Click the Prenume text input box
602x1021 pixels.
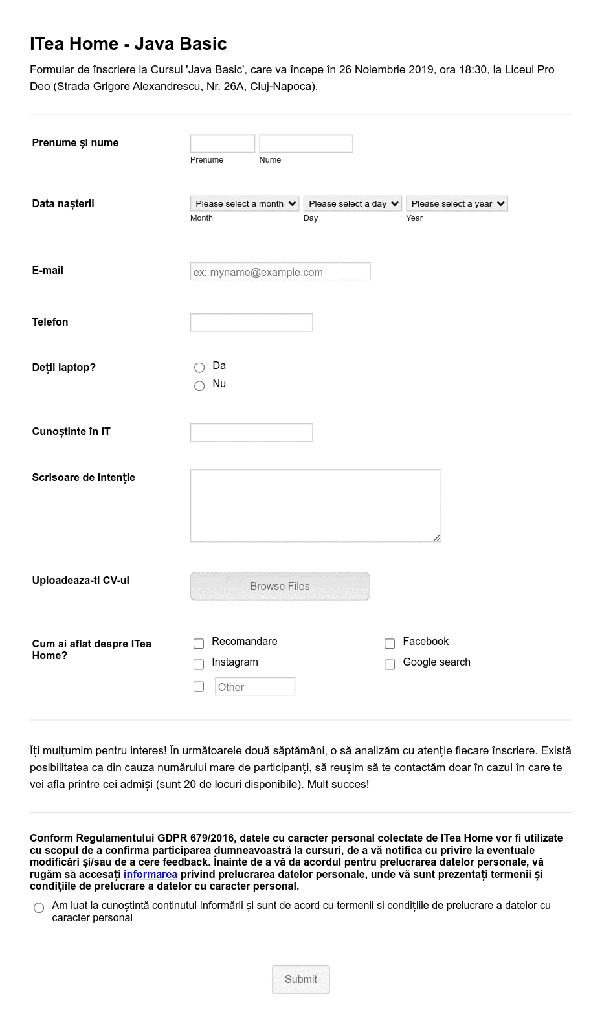[x=222, y=144]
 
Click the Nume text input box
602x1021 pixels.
[x=306, y=144]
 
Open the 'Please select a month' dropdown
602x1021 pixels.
[x=245, y=204]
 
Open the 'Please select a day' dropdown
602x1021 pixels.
[x=353, y=204]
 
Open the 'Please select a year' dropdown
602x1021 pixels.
[x=457, y=204]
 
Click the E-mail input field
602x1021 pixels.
[x=280, y=272]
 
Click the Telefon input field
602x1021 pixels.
[x=251, y=322]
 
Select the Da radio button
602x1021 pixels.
[x=199, y=367]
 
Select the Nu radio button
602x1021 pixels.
[x=199, y=386]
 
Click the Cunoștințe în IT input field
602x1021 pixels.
[x=251, y=432]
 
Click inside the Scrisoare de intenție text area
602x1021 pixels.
[x=315, y=505]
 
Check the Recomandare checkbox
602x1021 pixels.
[x=199, y=644]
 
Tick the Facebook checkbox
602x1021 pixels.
[x=390, y=644]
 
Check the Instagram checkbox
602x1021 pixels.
[x=199, y=664]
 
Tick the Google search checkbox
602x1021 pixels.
[x=390, y=664]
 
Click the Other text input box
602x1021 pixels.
[x=254, y=687]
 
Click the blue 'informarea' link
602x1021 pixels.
[x=150, y=875]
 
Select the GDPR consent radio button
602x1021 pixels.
[x=39, y=908]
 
